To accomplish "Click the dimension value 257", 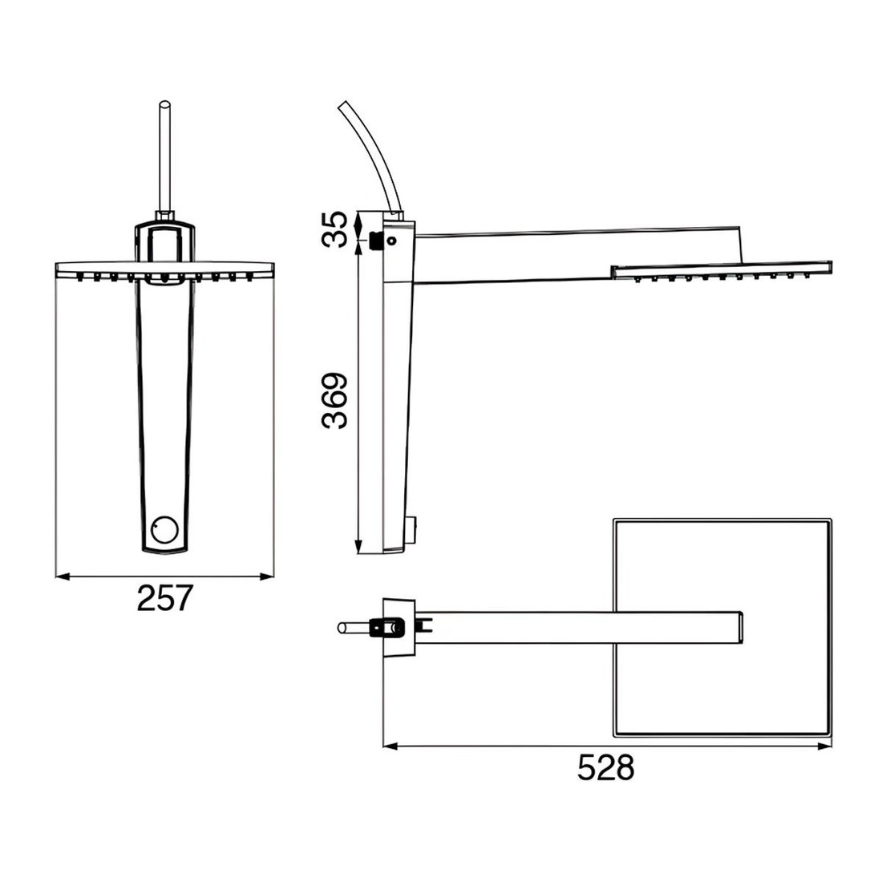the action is pyautogui.click(x=165, y=598).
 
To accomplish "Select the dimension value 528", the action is pyautogui.click(x=606, y=768).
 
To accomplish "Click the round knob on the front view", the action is pyautogui.click(x=165, y=528).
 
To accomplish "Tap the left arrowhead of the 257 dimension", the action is pyautogui.click(x=63, y=576).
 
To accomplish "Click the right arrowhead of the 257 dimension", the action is pyautogui.click(x=267, y=576).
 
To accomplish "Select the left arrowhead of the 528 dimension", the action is pyautogui.click(x=390, y=746).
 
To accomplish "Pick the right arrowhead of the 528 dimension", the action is pyautogui.click(x=825, y=746).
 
